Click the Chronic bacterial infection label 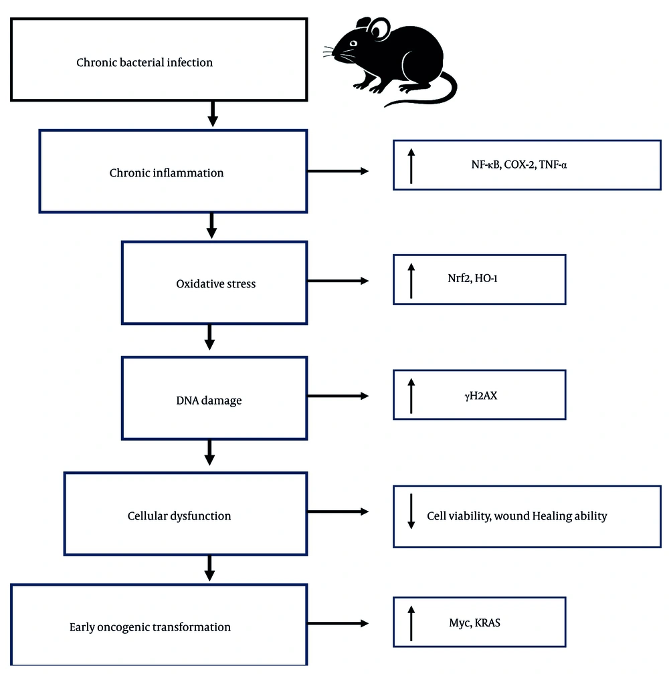[145, 63]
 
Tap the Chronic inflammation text [167, 173]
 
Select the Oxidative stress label [215, 284]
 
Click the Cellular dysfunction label [179, 516]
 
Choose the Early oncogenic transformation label [150, 627]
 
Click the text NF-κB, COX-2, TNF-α [518, 164]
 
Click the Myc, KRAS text [475, 623]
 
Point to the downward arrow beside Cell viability [411, 512]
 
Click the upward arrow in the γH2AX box [411, 394]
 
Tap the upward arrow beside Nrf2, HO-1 [411, 279]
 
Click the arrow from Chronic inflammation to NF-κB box [338, 171]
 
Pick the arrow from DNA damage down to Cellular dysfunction [209, 452]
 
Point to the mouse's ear [379, 29]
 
